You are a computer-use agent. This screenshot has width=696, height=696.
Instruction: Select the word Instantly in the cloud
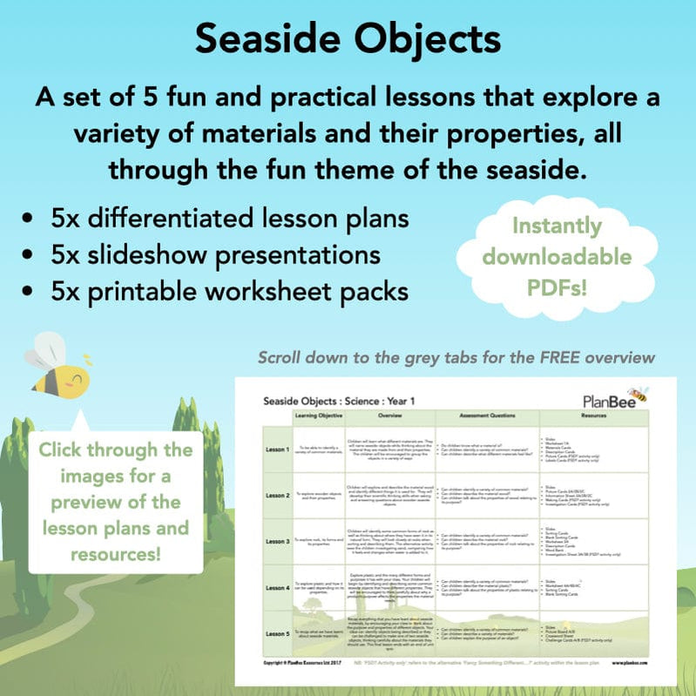tap(557, 226)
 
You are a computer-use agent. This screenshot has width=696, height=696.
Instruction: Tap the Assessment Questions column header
tap(487, 416)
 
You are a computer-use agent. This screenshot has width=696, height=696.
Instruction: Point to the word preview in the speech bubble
tap(116, 503)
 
